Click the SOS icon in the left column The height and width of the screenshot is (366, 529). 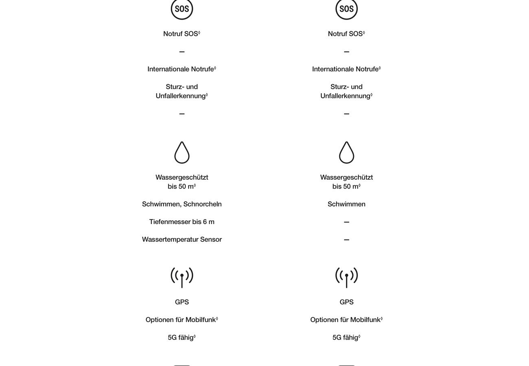pos(181,9)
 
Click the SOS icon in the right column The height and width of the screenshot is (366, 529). pos(346,9)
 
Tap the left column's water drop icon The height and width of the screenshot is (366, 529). pos(182,152)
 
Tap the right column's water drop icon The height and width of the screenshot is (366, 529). pos(346,152)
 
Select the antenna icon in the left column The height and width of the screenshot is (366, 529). pos(182,277)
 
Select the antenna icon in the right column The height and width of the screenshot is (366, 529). pos(346,277)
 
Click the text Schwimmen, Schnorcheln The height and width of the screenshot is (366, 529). pos(182,204)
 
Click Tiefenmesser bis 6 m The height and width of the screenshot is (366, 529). pos(182,222)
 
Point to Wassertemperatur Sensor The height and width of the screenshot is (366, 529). pos(182,240)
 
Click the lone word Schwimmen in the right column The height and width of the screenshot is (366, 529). pos(346,204)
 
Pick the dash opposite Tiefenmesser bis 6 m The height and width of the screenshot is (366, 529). pos(346,222)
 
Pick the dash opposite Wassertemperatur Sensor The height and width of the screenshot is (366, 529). pos(346,240)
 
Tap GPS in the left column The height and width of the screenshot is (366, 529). pos(182,302)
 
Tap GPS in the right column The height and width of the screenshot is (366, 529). pos(346,302)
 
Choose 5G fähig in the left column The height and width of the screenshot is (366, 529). pos(181,338)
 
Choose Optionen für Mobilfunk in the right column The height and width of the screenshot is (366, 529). pos(345,320)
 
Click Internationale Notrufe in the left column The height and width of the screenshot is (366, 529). pos(181,69)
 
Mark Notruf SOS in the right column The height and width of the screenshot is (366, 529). pos(345,34)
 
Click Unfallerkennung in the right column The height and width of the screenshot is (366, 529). pos(345,96)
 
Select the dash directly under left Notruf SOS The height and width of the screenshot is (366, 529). pos(182,52)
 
